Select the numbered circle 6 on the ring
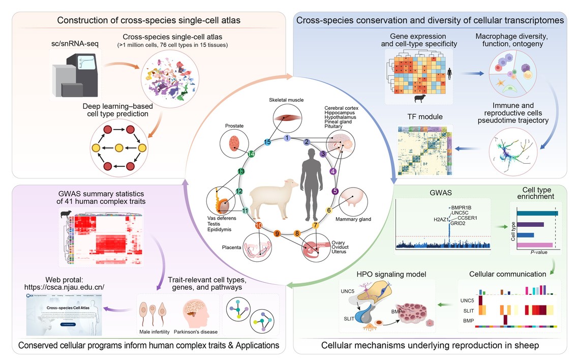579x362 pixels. point(329,210)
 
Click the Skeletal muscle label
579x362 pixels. point(286,100)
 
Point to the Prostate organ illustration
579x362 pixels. point(234,142)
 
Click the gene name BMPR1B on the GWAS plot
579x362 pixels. point(462,207)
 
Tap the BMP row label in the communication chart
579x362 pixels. point(467,321)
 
